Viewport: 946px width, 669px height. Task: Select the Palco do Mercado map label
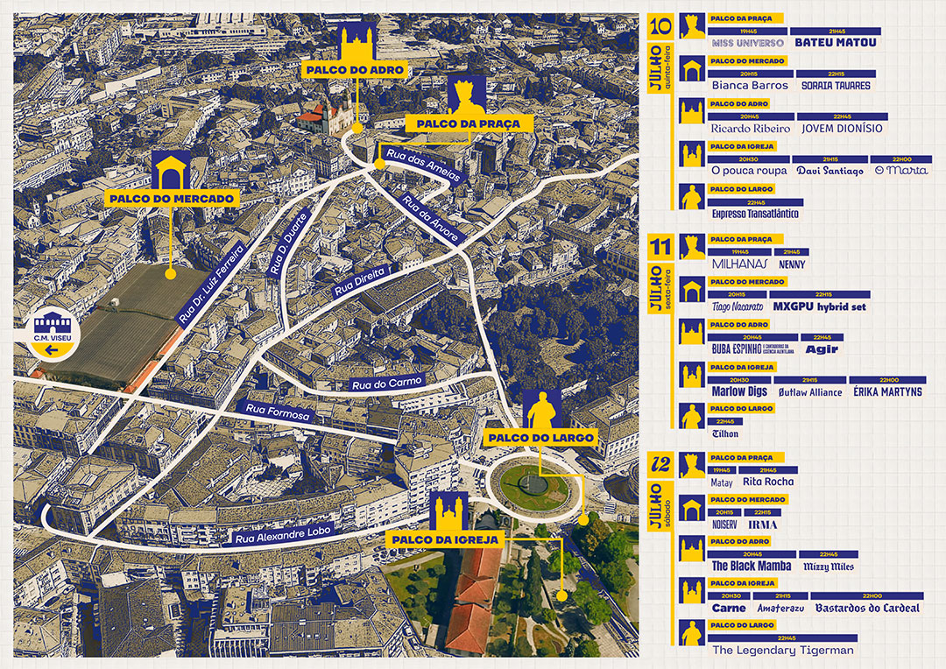172,199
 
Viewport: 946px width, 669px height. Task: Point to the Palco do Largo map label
540,437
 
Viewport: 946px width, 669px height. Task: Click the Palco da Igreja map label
446,539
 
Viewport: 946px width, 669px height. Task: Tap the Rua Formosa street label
278,411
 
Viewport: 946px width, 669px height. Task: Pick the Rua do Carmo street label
386,383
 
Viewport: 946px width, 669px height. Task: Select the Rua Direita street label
361,278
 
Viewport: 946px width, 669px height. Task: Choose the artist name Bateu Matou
835,41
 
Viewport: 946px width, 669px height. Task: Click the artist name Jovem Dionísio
842,129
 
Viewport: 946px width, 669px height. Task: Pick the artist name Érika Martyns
887,392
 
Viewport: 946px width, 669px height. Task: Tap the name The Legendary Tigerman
782,651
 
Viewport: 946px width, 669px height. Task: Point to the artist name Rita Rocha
768,482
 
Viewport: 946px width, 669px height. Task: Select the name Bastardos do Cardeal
866,608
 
